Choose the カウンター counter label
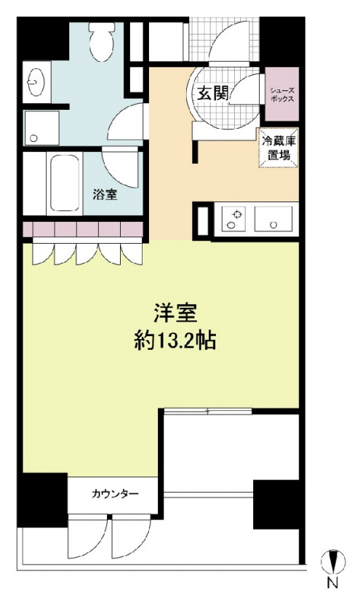coord(115,494)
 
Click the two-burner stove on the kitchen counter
coord(234,220)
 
